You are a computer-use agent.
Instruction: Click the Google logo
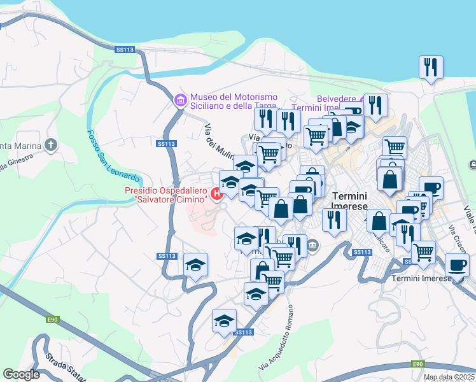point(20,374)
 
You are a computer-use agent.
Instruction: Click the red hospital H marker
point(217,194)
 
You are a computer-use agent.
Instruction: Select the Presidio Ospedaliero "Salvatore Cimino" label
point(167,195)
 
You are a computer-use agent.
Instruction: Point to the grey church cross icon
point(51,145)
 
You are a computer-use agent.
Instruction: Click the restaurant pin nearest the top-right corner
point(431,67)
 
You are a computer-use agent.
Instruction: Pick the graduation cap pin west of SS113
point(196,264)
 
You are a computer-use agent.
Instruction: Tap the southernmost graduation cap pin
point(223,321)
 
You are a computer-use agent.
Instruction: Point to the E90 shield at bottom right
point(417,364)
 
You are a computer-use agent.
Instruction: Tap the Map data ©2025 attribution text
point(449,377)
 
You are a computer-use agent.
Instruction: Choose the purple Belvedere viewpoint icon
point(363,99)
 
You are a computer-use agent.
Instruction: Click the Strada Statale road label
point(64,370)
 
